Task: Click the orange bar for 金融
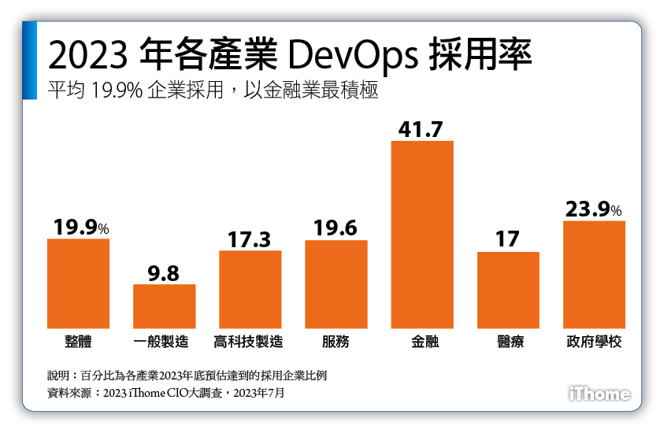click(x=422, y=235)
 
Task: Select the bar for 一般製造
click(x=164, y=306)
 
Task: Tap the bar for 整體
click(x=78, y=283)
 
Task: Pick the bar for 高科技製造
click(x=250, y=289)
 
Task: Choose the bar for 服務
click(x=336, y=284)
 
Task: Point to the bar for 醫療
click(x=508, y=290)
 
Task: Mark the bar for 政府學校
click(x=594, y=275)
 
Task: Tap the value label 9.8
click(x=164, y=272)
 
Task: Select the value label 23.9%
click(x=593, y=209)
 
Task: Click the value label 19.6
click(x=336, y=229)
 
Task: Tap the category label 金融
click(x=422, y=342)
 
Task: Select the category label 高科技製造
click(x=250, y=342)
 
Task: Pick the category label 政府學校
click(x=594, y=342)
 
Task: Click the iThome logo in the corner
click(x=599, y=394)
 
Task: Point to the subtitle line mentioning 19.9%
click(x=213, y=91)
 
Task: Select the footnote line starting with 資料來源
click(x=166, y=392)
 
